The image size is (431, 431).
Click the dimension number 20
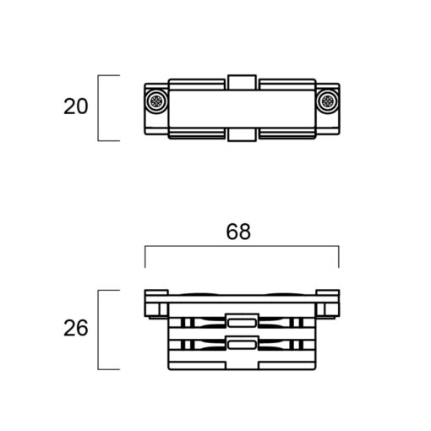point(76,106)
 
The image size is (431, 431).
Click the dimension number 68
point(238,232)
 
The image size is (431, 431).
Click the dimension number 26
point(76,328)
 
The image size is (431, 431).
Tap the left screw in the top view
point(156,101)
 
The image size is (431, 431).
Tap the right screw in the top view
point(327,101)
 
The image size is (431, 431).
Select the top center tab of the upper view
point(242,82)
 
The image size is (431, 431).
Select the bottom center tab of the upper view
point(242,134)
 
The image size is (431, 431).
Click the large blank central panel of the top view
point(242,109)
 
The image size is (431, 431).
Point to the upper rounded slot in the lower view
point(242,323)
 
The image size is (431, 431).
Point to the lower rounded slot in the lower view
point(242,345)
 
